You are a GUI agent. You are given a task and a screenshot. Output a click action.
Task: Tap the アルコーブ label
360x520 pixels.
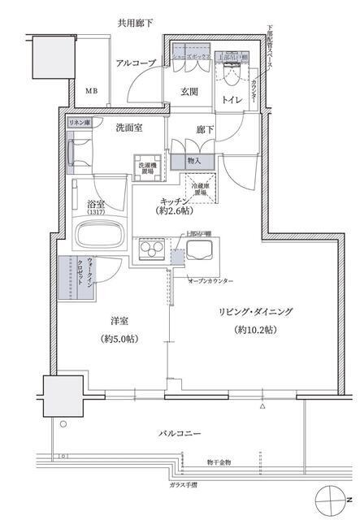(x=131, y=62)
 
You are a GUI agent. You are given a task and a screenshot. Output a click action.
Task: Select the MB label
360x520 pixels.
(x=90, y=90)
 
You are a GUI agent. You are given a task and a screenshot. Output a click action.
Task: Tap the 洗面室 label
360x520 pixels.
(x=129, y=128)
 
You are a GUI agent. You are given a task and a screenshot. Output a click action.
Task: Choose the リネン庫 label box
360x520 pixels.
(x=79, y=121)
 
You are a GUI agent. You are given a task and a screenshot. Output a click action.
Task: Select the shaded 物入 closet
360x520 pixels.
(x=193, y=161)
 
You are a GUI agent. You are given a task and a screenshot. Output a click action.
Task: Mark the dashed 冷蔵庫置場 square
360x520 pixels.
(x=205, y=184)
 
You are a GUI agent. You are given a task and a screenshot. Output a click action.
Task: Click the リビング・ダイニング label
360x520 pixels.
(x=254, y=312)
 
